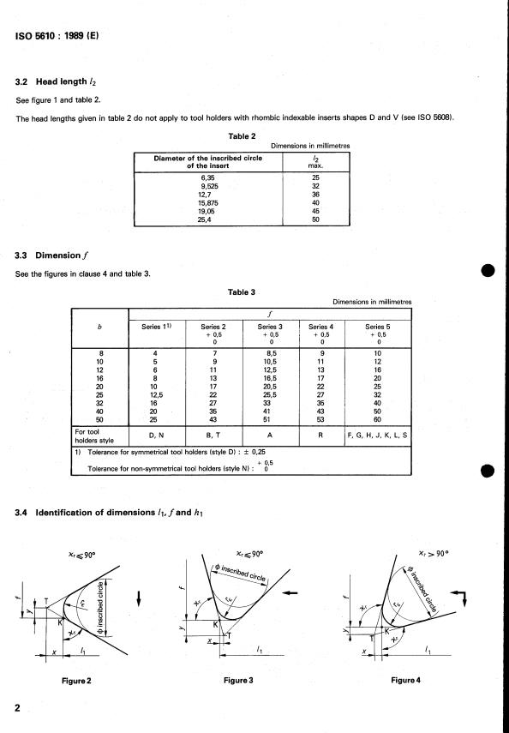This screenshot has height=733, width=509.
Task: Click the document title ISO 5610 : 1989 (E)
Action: pos(57,35)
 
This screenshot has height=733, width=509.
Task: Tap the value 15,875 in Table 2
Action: pos(208,203)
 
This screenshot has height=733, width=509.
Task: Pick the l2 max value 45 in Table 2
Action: pos(315,211)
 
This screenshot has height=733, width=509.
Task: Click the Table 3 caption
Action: pos(242,292)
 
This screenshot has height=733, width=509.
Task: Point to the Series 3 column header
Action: pos(270,327)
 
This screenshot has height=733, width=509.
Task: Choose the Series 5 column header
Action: pos(378,327)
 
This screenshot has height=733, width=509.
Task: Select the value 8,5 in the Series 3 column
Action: pos(271,354)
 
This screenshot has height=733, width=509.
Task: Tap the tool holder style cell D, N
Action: pos(156,436)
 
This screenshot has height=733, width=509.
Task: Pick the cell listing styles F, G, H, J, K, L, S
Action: pos(377,436)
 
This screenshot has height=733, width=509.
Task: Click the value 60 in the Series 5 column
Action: pos(378,420)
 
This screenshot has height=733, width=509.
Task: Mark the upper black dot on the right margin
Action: pos(488,271)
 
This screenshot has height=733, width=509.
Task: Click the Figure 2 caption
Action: pos(76,681)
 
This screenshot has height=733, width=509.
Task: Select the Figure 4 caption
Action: pos(405,680)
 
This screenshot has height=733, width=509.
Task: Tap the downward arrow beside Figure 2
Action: pos(139,598)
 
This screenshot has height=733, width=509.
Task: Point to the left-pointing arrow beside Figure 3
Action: pos(290,592)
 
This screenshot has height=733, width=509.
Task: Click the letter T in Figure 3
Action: pos(229,635)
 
